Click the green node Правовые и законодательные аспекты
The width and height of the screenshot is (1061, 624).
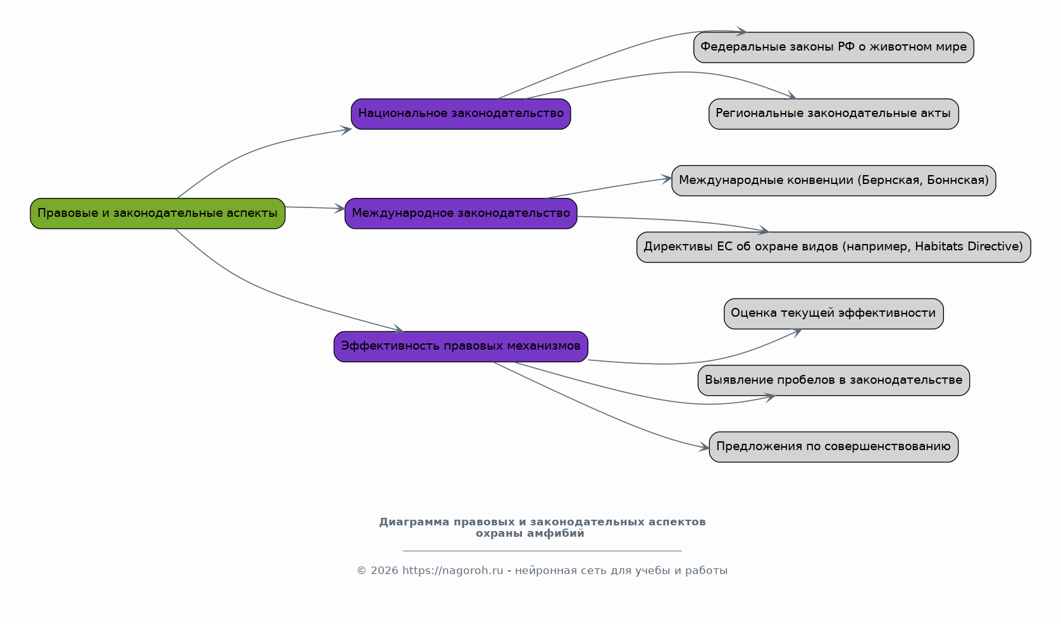pyautogui.click(x=158, y=214)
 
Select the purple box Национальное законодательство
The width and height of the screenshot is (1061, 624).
pyautogui.click(x=461, y=114)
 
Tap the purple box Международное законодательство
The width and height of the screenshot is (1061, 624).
pyautogui.click(x=461, y=214)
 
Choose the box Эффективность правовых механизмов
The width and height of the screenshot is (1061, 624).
pyautogui.click(x=461, y=346)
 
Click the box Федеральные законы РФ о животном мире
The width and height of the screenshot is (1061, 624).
pyautogui.click(x=834, y=47)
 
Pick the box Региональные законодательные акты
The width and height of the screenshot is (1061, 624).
pyautogui.click(x=834, y=114)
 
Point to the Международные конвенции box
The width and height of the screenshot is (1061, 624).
pyautogui.click(x=834, y=180)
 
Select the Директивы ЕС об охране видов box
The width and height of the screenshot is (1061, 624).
pyautogui.click(x=834, y=247)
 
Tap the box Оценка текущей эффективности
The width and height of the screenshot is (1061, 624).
pyautogui.click(x=834, y=314)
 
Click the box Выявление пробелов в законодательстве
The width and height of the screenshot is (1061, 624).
pyautogui.click(x=834, y=380)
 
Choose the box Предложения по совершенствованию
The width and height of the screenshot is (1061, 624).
pyautogui.click(x=834, y=447)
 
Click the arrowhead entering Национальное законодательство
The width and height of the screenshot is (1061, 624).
pyautogui.click(x=346, y=130)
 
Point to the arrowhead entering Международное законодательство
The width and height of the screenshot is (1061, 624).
pyautogui.click(x=340, y=208)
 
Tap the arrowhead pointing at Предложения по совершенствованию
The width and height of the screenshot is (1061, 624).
pyautogui.click(x=704, y=447)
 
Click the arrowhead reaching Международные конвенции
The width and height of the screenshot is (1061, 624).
pyautogui.click(x=666, y=179)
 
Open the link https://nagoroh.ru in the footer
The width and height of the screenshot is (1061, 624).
pyautogui.click(x=453, y=570)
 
